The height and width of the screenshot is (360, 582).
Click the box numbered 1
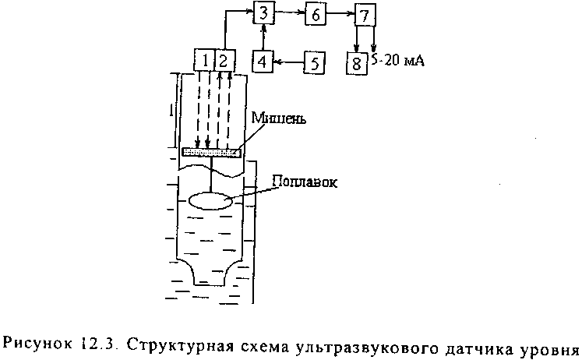203,60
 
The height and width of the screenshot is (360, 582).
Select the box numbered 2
224,60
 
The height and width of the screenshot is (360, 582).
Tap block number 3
264,13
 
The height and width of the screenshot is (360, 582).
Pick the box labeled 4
263,61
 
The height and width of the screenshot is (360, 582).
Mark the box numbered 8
356,62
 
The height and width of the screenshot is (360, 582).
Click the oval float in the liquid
212,199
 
